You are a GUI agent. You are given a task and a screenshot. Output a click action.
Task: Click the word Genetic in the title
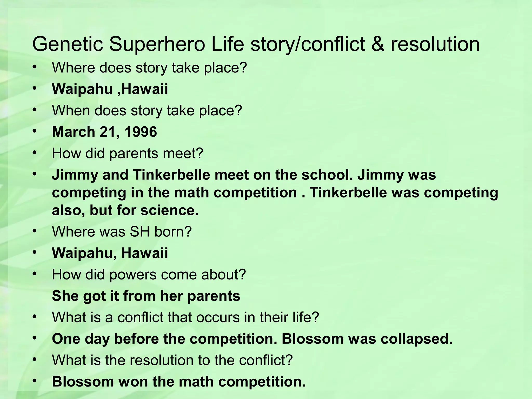[x=68, y=44]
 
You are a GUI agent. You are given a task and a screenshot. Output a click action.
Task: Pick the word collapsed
[x=417, y=338]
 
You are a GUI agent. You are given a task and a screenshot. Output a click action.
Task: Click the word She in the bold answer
[x=65, y=296]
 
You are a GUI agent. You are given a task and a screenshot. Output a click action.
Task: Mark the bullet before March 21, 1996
[x=35, y=131]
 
